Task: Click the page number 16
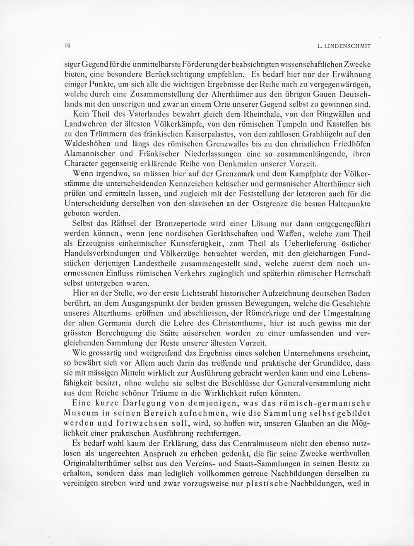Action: click(67, 46)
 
